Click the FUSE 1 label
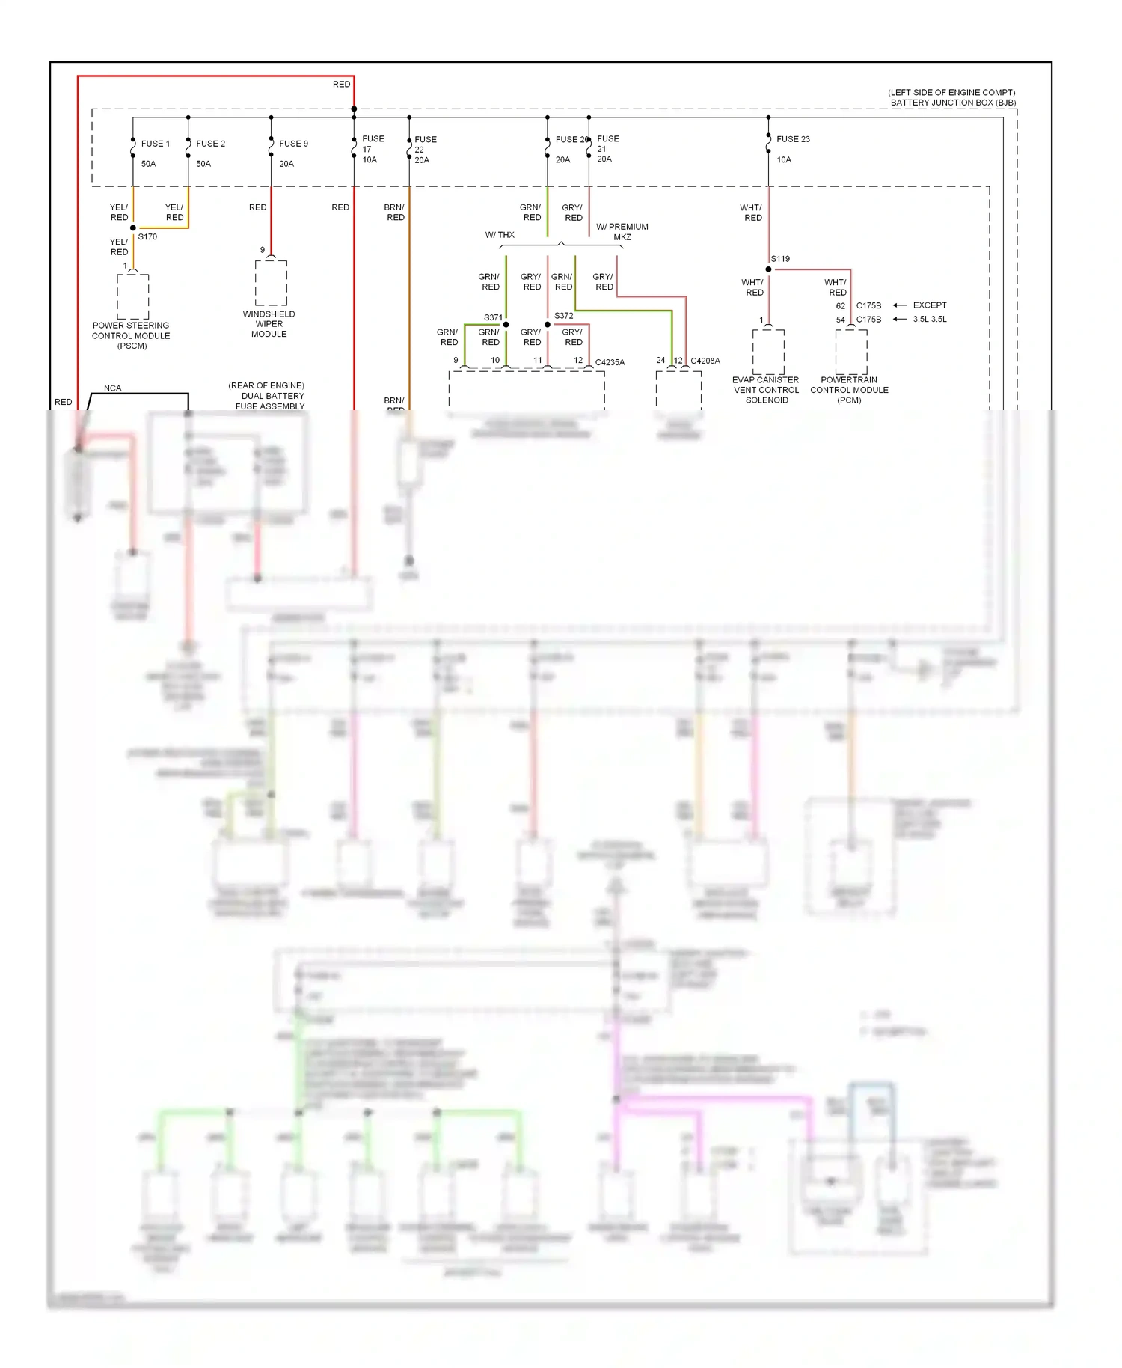pos(156,144)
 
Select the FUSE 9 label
pos(293,144)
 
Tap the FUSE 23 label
pos(793,139)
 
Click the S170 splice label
pos(147,236)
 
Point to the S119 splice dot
pos(768,269)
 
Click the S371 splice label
pos(493,317)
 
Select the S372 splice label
pos(563,316)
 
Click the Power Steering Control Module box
pos(133,296)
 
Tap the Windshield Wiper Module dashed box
pos(271,283)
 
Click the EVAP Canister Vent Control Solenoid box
pos(768,351)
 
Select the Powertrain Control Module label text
pos(849,390)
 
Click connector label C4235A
pos(610,362)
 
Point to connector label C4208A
pos(705,361)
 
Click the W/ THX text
pos(500,235)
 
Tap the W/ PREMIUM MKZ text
pos(622,232)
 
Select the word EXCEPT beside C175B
pos(930,305)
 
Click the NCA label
pos(112,388)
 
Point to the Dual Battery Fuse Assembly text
pos(270,397)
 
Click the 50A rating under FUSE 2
pos(203,164)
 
